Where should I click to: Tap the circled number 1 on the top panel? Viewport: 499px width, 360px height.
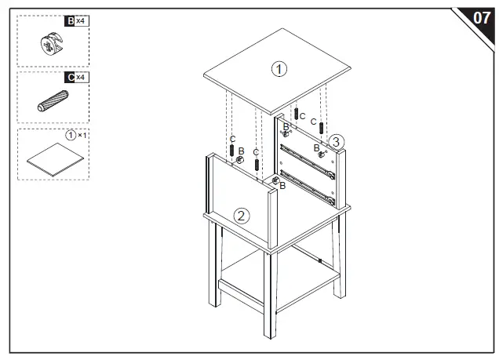(x=279, y=69)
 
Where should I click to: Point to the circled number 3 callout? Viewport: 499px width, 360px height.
(x=335, y=142)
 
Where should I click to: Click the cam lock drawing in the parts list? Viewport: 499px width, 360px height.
(x=49, y=45)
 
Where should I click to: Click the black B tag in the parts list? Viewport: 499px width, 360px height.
(x=70, y=21)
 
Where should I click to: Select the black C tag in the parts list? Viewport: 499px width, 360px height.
(x=70, y=78)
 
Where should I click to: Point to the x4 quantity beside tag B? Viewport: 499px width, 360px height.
(x=81, y=21)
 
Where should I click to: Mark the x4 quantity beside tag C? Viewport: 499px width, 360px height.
(x=81, y=78)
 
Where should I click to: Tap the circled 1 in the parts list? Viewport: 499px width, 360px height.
(x=71, y=135)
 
